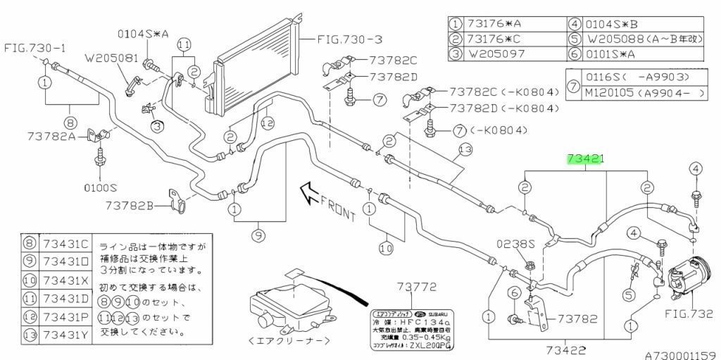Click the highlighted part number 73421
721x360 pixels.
(x=586, y=161)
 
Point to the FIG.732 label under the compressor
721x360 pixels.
(x=689, y=314)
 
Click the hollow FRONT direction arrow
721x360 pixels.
(x=310, y=192)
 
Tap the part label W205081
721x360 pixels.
(x=111, y=59)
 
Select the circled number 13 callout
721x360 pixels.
(x=465, y=149)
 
